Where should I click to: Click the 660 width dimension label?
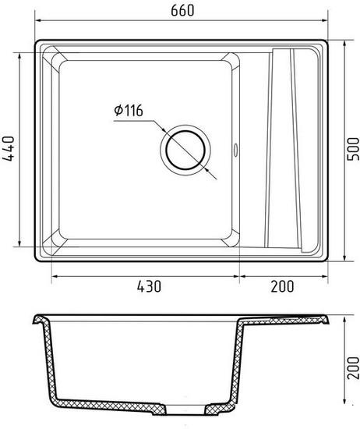(182, 10)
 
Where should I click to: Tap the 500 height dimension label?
(353, 149)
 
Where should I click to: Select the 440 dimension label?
(8, 149)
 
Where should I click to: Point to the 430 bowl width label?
(149, 286)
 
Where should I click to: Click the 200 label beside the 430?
(282, 286)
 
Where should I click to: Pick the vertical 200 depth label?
(353, 367)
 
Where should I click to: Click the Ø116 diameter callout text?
(129, 111)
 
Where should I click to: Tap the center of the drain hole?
(185, 150)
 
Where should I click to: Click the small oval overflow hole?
(235, 151)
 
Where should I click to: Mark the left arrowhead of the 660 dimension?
(38, 20)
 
